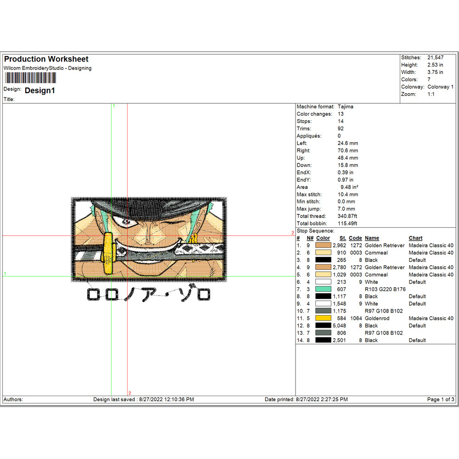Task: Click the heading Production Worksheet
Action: tap(46, 59)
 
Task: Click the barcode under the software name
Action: tap(30, 78)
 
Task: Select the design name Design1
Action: tap(40, 90)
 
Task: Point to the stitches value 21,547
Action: tap(436, 58)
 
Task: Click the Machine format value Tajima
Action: tap(345, 106)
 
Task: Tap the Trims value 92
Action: tap(340, 129)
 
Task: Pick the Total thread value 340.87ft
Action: tap(347, 216)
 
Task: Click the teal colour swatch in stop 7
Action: tap(323, 289)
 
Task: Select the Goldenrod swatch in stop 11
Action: tap(323, 318)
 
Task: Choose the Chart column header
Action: tap(415, 238)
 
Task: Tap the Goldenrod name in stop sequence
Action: tap(377, 318)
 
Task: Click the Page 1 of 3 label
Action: tap(441, 399)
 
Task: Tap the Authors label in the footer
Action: tap(13, 399)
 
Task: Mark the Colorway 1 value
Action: tap(440, 87)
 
